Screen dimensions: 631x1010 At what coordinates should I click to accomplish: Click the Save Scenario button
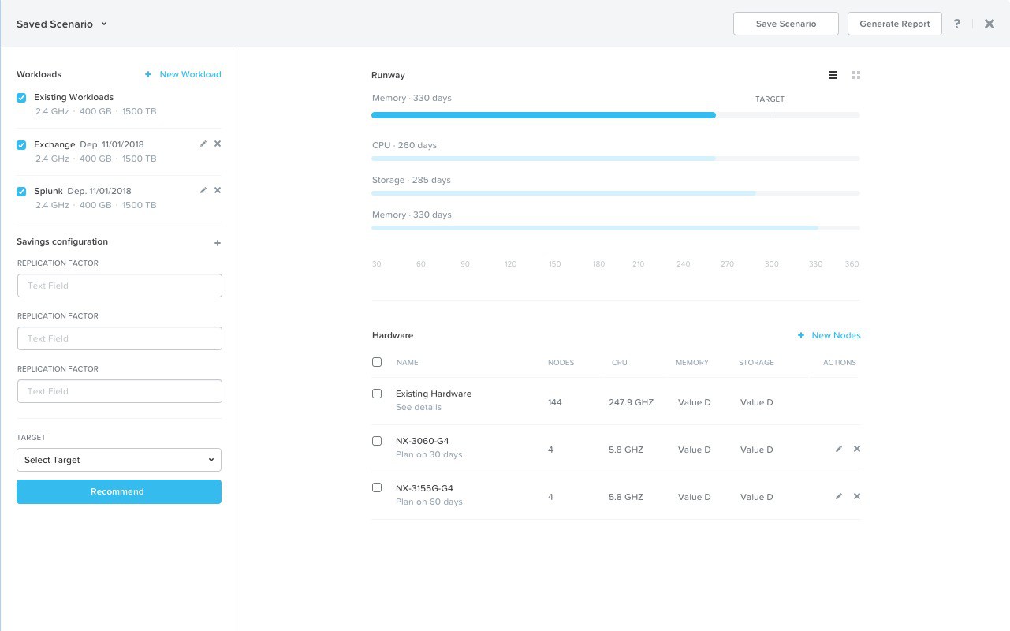(785, 24)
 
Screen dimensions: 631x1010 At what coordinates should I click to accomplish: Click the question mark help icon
(957, 24)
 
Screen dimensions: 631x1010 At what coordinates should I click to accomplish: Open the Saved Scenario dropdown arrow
(104, 24)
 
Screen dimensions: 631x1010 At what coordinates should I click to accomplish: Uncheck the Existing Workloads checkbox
(21, 98)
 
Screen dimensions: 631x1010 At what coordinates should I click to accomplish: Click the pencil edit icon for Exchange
(203, 144)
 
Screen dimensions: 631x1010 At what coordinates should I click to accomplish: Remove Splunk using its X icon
(218, 190)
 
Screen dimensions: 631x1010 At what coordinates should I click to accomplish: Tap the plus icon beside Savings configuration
(218, 243)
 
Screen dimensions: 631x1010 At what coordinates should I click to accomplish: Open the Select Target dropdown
(119, 460)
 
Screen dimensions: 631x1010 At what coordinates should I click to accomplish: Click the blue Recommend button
(119, 491)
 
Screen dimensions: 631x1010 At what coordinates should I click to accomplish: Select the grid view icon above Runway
(856, 75)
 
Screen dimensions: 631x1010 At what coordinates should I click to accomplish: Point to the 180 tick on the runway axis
(599, 264)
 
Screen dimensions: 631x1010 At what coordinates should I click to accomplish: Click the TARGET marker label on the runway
(770, 99)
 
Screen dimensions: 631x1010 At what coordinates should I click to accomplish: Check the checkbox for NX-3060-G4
(377, 441)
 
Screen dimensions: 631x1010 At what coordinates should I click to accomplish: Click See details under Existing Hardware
(419, 408)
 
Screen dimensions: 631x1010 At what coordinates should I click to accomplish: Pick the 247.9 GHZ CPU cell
(631, 402)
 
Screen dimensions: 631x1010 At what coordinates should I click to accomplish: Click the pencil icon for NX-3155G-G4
(839, 496)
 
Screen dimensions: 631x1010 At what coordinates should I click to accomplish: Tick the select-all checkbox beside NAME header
(377, 362)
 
